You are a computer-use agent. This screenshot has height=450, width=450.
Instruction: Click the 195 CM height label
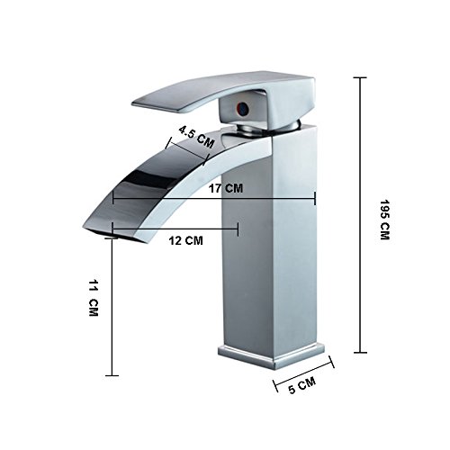point(384,220)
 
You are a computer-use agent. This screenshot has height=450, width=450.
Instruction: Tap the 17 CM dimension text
point(226,188)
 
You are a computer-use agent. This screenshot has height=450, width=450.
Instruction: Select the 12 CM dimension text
point(185,240)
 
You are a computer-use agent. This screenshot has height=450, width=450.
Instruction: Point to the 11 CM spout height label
point(94,298)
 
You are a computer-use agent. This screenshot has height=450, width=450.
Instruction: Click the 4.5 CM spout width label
point(196,137)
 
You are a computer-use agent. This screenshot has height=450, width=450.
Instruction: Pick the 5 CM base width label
point(301,385)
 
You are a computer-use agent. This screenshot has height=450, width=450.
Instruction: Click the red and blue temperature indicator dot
point(242,107)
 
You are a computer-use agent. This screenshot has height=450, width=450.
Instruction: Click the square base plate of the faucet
point(271,356)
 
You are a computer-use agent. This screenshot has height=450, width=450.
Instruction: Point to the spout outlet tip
point(90,229)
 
